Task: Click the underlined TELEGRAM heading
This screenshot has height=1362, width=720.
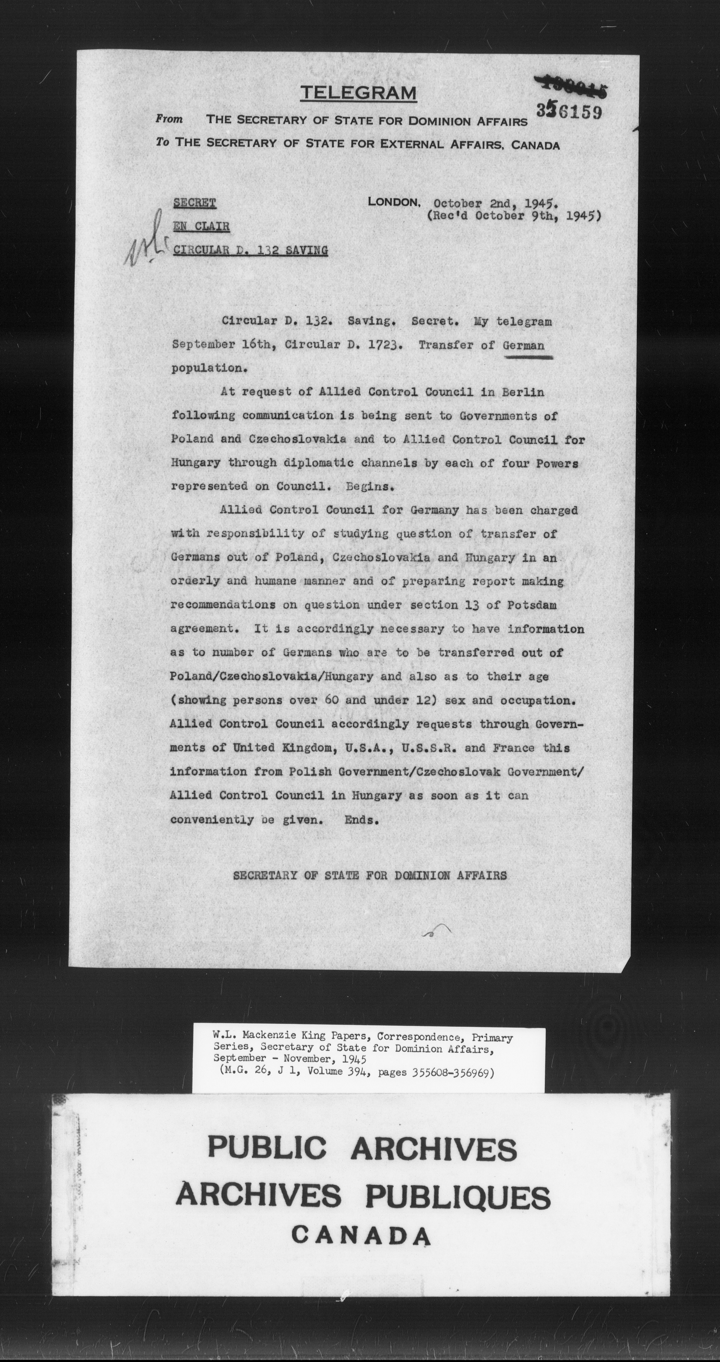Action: [x=358, y=94]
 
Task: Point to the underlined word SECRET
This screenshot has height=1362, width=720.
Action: [x=195, y=203]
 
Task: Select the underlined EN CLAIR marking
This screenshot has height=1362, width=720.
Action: [x=201, y=226]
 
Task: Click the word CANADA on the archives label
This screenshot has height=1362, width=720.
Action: [x=361, y=1236]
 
